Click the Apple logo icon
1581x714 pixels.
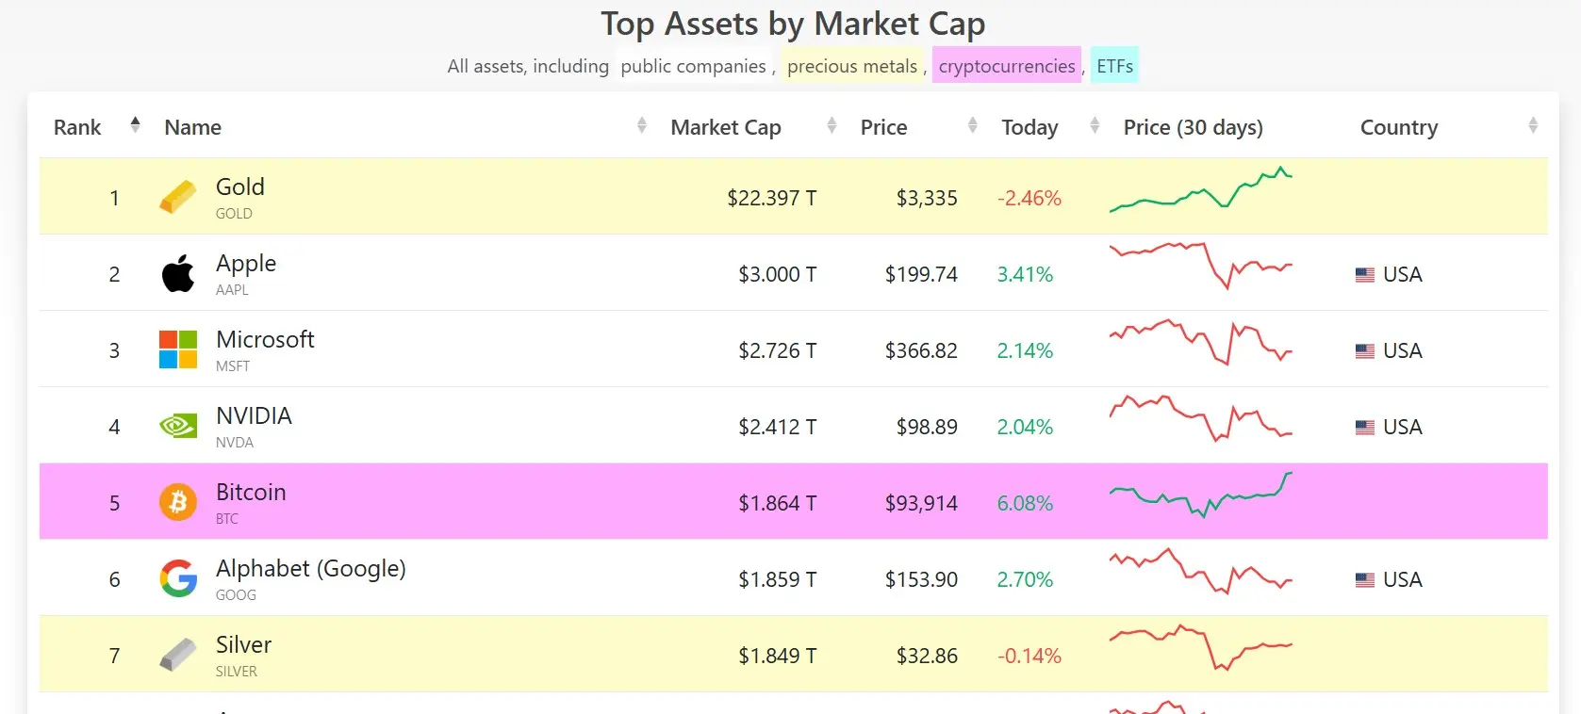point(178,274)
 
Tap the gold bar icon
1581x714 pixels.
point(178,198)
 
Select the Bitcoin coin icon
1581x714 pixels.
point(178,503)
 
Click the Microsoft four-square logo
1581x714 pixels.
point(178,350)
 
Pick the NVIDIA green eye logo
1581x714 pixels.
point(178,427)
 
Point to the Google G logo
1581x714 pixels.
point(178,579)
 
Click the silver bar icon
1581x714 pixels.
point(178,656)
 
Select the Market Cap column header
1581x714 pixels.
point(725,127)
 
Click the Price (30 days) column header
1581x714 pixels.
point(1193,127)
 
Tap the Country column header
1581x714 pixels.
point(1398,127)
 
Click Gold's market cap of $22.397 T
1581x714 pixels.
point(771,198)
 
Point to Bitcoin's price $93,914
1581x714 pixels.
point(920,503)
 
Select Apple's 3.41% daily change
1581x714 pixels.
point(1025,274)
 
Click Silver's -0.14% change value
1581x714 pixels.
point(1029,656)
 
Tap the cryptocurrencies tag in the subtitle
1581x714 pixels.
point(1006,66)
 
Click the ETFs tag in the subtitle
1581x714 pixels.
point(1114,66)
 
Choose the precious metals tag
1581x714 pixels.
point(852,66)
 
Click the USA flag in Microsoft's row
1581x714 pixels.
point(1364,350)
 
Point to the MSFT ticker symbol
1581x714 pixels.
point(233,366)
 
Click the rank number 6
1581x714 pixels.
point(114,579)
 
